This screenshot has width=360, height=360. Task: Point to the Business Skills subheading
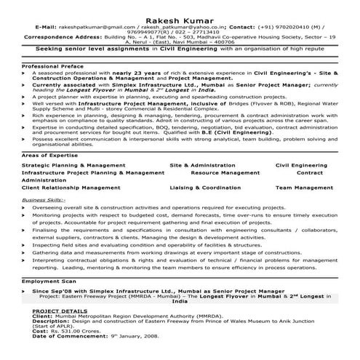tap(44, 199)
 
